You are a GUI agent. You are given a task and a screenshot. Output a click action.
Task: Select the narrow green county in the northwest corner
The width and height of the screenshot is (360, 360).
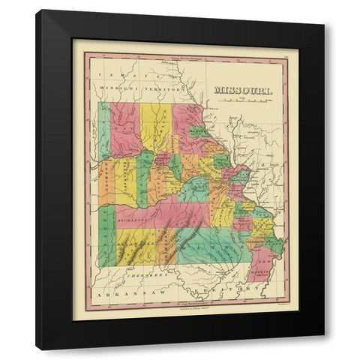point(103,130)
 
